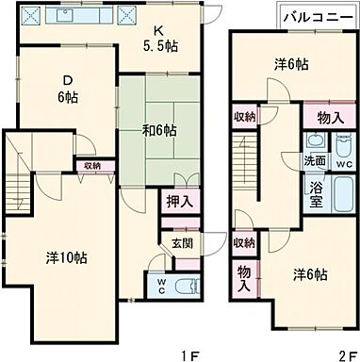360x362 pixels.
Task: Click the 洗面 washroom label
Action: (x=314, y=161)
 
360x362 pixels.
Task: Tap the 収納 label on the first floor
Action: (x=91, y=166)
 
